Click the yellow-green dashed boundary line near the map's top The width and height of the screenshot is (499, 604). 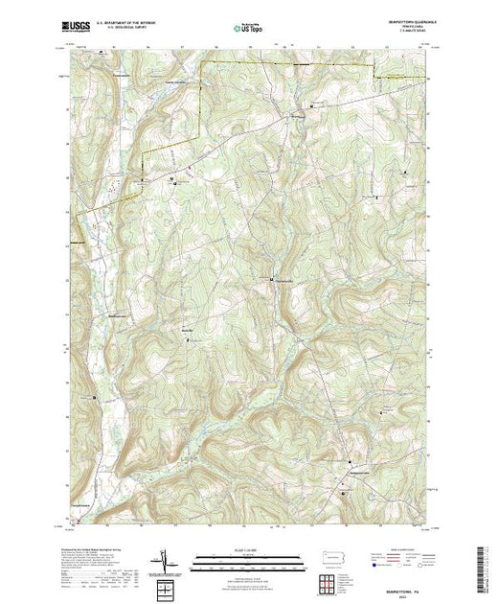[x=287, y=60]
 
